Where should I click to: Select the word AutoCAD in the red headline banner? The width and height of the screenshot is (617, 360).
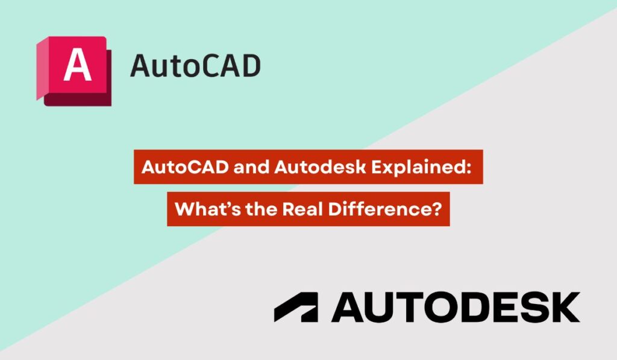(x=174, y=167)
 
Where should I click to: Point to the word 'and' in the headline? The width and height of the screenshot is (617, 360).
(x=229, y=167)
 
